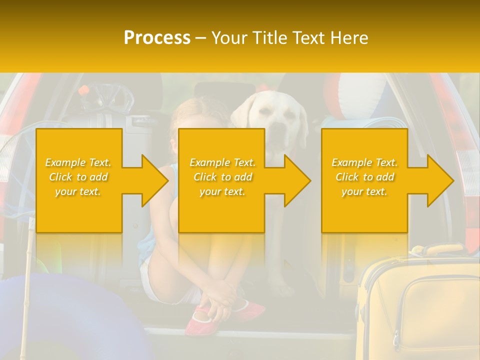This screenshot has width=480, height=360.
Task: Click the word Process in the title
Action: pos(157,37)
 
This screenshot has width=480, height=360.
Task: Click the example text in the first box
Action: pos(78,176)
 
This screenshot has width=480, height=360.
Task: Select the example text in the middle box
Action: pos(222,176)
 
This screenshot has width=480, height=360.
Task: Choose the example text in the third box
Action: pos(364,176)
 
